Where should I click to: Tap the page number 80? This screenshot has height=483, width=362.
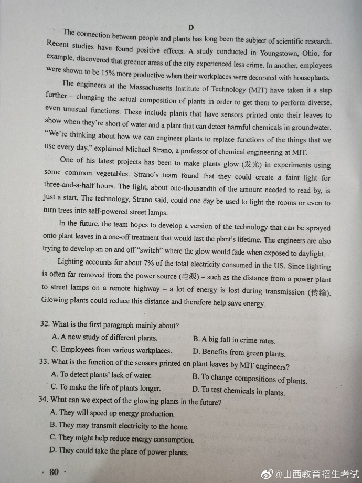click(x=53, y=471)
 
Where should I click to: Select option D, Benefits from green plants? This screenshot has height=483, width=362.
click(x=239, y=353)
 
